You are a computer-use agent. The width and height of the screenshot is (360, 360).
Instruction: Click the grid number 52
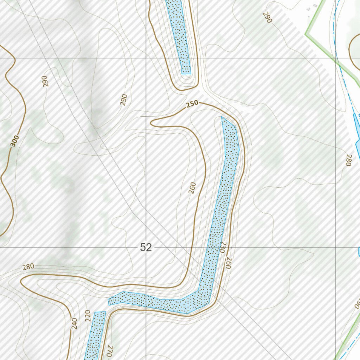[146, 247]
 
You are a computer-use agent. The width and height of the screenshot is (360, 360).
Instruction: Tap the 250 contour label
[192, 104]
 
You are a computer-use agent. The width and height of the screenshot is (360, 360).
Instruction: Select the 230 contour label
[222, 247]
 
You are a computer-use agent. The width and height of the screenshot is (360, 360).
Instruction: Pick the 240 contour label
[74, 323]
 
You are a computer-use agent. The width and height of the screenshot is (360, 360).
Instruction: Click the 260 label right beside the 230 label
[228, 263]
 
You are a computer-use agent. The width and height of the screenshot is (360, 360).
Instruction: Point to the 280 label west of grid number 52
[28, 267]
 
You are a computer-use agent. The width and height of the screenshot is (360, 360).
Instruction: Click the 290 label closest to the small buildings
[267, 17]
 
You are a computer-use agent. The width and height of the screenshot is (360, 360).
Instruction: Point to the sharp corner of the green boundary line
[306, 34]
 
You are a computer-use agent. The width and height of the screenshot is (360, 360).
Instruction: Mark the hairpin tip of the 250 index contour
[152, 123]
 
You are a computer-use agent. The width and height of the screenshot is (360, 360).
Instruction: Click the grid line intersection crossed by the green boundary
[336, 58]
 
